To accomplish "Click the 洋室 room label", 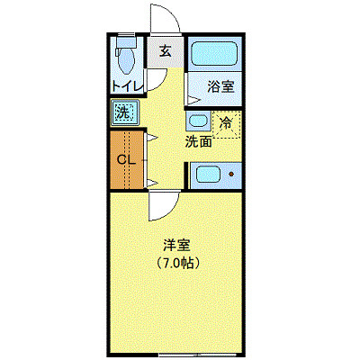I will tap(176, 245).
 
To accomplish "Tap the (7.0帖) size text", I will tap(176, 264).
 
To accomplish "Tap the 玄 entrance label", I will tap(166, 50).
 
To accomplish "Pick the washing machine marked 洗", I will tap(123, 113).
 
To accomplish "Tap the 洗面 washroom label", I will tap(199, 141).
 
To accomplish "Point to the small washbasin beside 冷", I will tap(197, 120).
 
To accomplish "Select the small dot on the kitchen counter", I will tap(231, 175).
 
